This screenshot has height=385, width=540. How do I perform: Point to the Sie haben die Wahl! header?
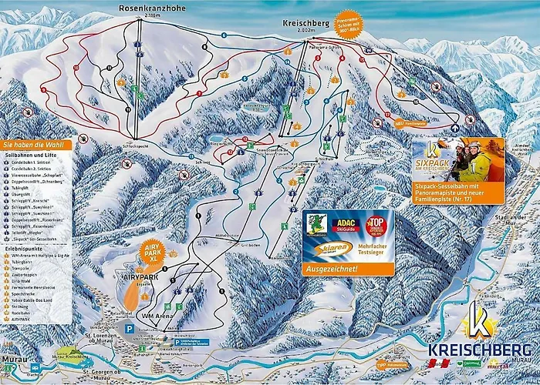coord(34,145)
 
